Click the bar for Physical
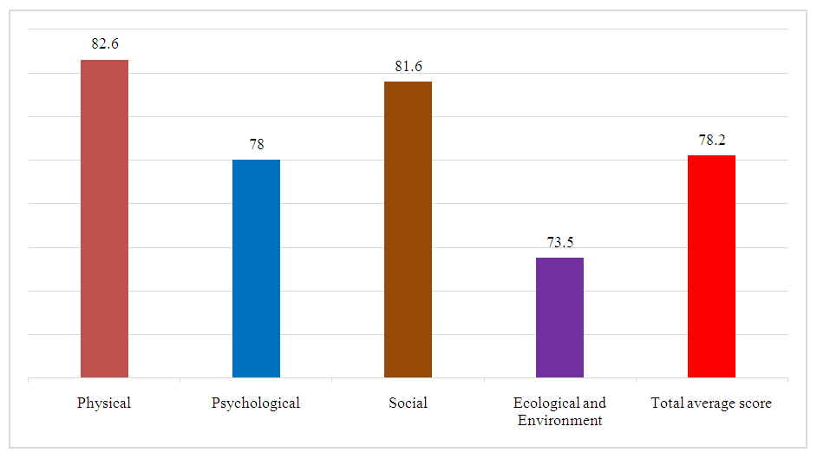pos(104,219)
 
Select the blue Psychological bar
pos(256,268)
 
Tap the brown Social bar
pos(408,229)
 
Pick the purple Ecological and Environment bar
pos(559,318)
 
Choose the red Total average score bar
pos(711,266)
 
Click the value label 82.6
pos(104,43)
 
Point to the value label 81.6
pos(408,66)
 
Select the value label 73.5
pos(559,242)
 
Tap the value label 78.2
pos(711,140)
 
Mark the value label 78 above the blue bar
pos(256,144)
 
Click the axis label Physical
pos(104,403)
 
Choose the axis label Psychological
pos(256,403)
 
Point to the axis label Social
pos(408,403)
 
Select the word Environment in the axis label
pos(559,421)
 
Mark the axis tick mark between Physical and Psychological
pos(180,381)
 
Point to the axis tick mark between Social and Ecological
pos(484,381)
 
